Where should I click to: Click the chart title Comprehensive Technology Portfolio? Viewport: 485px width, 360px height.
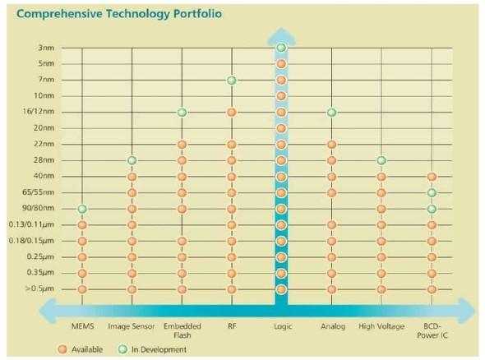click(x=119, y=14)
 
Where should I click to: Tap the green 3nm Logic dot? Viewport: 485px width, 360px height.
click(x=281, y=48)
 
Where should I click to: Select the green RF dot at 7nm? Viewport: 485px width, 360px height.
click(x=231, y=81)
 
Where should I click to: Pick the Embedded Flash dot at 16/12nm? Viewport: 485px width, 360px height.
click(x=182, y=113)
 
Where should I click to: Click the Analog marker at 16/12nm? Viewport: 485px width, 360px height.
click(x=331, y=113)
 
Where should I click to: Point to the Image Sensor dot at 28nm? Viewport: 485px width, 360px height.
click(x=132, y=160)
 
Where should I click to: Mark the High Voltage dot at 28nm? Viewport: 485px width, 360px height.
click(x=381, y=160)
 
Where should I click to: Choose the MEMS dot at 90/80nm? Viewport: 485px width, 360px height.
click(x=82, y=209)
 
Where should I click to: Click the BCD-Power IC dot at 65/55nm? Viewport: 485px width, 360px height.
click(x=432, y=193)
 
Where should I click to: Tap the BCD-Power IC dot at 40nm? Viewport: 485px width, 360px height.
click(x=432, y=177)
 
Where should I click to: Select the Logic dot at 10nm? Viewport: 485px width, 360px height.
click(x=281, y=96)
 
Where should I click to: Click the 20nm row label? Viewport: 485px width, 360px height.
click(x=44, y=127)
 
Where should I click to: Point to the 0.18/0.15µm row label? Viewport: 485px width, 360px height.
click(x=31, y=241)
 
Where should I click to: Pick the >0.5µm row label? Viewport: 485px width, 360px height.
click(x=39, y=288)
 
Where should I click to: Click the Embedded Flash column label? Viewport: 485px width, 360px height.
click(x=182, y=330)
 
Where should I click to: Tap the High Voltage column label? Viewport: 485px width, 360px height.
click(x=381, y=326)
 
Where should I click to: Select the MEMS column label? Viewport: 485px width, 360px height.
click(x=82, y=326)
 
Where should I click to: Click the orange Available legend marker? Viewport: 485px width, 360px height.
click(x=62, y=349)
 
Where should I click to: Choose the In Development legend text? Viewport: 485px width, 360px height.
click(x=159, y=349)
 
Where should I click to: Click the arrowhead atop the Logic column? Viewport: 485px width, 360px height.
click(x=281, y=36)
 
